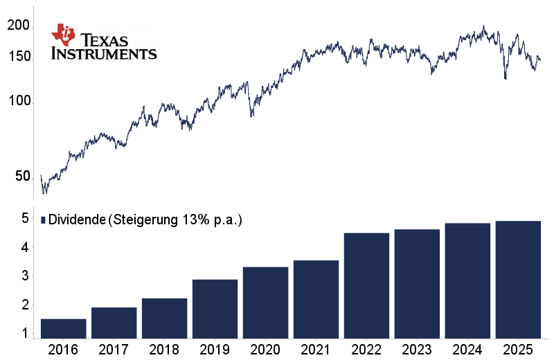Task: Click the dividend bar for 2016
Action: (x=64, y=329)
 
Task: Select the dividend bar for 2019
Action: (x=215, y=309)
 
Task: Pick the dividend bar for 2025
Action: (x=518, y=280)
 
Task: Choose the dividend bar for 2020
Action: (x=266, y=303)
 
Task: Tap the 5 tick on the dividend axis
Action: (x=24, y=218)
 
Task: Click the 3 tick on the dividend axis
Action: (x=24, y=276)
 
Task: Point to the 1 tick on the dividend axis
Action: (x=24, y=333)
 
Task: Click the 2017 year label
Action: (x=114, y=349)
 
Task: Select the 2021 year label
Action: (x=316, y=349)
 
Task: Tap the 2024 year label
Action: (x=468, y=349)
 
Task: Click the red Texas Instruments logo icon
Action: (x=64, y=35)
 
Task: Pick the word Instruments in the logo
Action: (x=104, y=53)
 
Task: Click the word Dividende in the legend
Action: (x=76, y=220)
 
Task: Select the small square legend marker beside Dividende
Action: (x=43, y=220)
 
